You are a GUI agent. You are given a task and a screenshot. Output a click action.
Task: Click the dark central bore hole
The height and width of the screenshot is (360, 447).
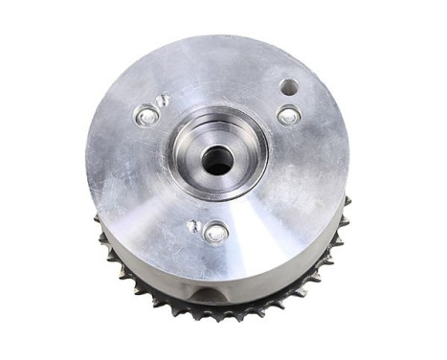[218, 162]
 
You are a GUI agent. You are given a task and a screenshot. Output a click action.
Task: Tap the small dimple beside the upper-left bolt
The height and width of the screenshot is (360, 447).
[164, 101]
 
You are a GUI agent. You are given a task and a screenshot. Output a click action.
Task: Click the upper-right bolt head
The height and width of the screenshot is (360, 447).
[288, 115]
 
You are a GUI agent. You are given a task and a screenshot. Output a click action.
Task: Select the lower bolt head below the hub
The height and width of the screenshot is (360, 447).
[216, 232]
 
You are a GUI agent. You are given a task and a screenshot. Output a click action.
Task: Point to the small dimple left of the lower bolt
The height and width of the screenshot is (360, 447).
[193, 226]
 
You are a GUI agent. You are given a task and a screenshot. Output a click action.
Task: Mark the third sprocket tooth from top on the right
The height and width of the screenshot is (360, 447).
[337, 238]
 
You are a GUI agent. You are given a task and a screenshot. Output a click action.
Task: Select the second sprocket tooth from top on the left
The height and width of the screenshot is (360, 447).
[102, 236]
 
